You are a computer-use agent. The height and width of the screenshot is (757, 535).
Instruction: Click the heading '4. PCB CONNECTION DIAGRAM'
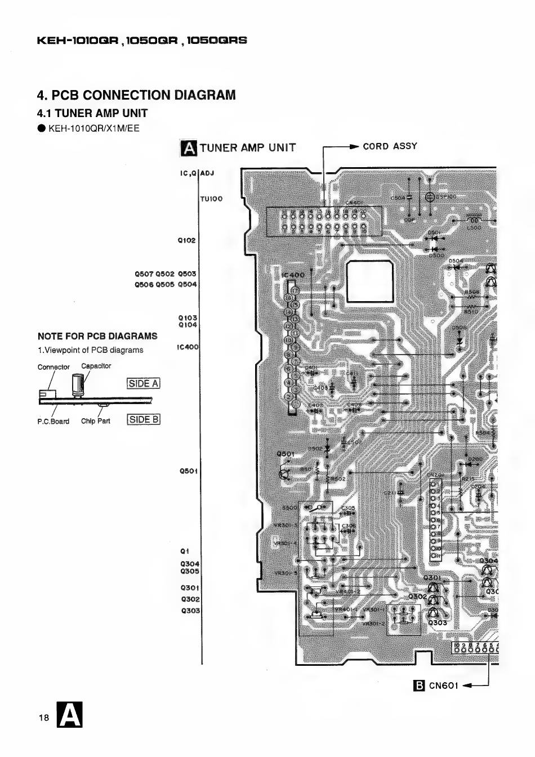(136, 95)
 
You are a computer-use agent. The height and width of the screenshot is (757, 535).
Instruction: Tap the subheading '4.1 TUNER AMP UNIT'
(92, 113)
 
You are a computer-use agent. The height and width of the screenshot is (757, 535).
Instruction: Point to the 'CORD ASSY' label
(390, 146)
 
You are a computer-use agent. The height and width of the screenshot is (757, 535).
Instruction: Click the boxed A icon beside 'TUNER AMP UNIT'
(189, 148)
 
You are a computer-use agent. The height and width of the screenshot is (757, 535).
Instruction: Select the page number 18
(44, 717)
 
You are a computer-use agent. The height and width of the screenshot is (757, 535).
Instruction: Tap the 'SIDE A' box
(144, 384)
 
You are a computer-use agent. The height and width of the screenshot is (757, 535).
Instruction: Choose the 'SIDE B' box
(144, 419)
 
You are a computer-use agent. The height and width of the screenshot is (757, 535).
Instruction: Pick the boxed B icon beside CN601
(418, 686)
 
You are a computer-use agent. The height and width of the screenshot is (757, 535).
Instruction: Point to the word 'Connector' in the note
(53, 367)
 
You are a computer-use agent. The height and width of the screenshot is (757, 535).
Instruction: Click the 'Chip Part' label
(96, 421)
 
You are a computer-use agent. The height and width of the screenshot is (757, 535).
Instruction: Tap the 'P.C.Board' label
(53, 421)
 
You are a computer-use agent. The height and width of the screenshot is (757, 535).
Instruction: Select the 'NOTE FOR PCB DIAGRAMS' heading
(97, 337)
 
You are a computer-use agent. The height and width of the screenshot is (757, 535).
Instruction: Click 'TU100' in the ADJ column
(211, 199)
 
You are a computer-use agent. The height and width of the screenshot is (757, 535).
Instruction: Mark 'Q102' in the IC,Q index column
(186, 240)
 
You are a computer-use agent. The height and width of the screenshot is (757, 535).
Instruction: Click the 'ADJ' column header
(207, 173)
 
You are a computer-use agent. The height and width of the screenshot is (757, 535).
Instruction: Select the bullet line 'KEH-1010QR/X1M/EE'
(93, 128)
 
